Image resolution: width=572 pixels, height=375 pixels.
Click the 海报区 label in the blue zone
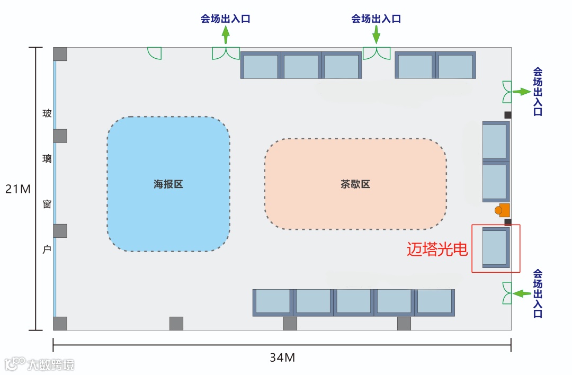(x=168, y=185)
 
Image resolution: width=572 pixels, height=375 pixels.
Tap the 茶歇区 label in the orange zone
(x=355, y=185)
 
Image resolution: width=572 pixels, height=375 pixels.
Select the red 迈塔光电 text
(x=437, y=249)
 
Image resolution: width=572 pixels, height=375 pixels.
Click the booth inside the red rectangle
(x=496, y=247)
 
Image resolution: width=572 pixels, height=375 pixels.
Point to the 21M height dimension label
(x=18, y=189)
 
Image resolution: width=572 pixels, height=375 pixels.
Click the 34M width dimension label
(x=282, y=358)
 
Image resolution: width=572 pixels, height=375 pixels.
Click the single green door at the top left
(x=154, y=53)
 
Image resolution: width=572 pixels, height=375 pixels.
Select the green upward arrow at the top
(x=226, y=35)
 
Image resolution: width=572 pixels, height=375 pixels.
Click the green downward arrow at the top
(x=377, y=35)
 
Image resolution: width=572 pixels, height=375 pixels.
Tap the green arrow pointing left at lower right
(x=522, y=293)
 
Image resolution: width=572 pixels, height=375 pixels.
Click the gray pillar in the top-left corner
(x=60, y=54)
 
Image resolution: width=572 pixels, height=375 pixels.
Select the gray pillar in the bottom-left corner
(x=60, y=324)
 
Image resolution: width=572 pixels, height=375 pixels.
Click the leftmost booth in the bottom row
(x=273, y=302)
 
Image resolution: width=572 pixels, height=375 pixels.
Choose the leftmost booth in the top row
(x=260, y=65)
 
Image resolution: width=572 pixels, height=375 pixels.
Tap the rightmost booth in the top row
(x=455, y=65)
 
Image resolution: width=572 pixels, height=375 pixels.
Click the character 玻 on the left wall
(x=47, y=113)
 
